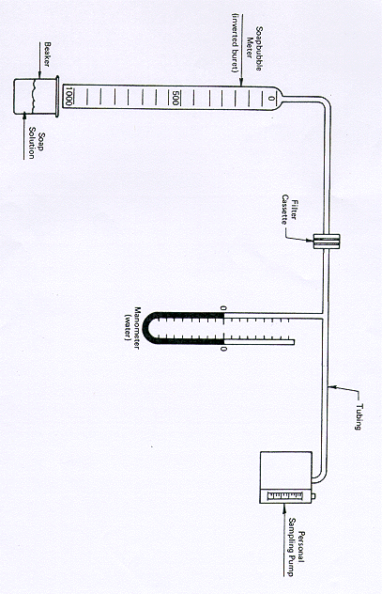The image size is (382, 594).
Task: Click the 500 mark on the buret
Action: point(175,98)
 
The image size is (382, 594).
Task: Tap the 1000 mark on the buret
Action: point(69,97)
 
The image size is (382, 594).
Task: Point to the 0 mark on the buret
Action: point(271,99)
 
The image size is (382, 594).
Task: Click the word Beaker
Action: point(47,55)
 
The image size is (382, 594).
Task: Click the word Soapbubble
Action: point(259,48)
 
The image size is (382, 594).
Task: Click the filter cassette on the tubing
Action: point(326,242)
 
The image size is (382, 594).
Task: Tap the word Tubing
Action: point(359,416)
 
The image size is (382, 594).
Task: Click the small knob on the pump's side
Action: point(313,496)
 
